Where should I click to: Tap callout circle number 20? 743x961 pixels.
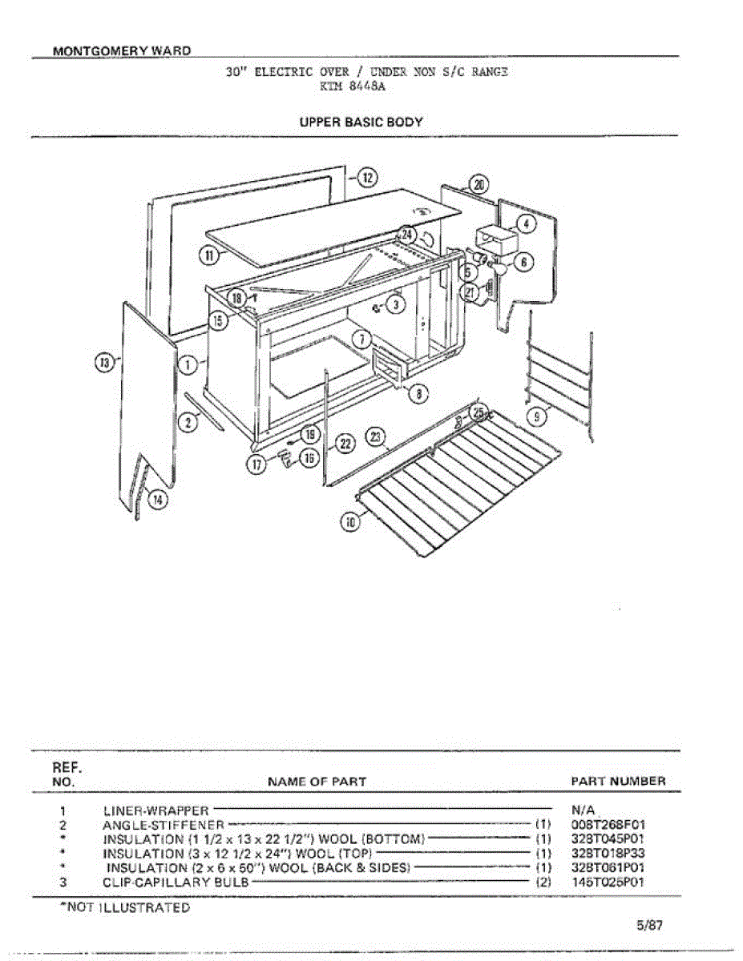click(479, 185)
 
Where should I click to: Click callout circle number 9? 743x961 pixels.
click(540, 415)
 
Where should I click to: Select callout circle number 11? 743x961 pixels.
click(209, 256)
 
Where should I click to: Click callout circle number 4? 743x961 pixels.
click(525, 224)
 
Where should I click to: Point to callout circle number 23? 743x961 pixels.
click(376, 437)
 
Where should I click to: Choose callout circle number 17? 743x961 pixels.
click(258, 465)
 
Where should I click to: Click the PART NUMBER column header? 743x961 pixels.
click(618, 781)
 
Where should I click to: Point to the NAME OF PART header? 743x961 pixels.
click(317, 781)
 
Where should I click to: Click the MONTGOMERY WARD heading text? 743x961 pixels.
click(122, 50)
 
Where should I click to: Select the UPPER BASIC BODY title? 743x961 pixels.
click(361, 123)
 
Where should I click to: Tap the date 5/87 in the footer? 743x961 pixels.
click(650, 925)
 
